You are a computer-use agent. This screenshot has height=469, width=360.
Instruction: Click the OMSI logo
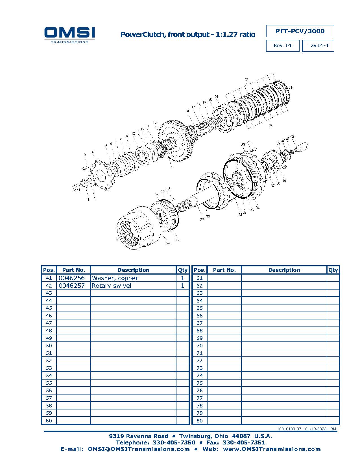(x=69, y=35)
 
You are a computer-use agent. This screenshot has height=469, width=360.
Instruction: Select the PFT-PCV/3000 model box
(x=300, y=31)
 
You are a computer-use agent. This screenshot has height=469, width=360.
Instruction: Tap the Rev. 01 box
(x=282, y=45)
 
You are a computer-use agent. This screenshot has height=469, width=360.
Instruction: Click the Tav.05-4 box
(x=318, y=45)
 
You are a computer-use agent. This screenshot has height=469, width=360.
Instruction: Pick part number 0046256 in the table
(x=71, y=278)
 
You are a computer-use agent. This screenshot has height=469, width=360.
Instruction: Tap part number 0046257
(x=71, y=286)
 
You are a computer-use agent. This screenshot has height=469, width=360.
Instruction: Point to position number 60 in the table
(x=49, y=420)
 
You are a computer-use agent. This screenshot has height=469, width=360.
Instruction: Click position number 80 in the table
(x=199, y=420)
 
